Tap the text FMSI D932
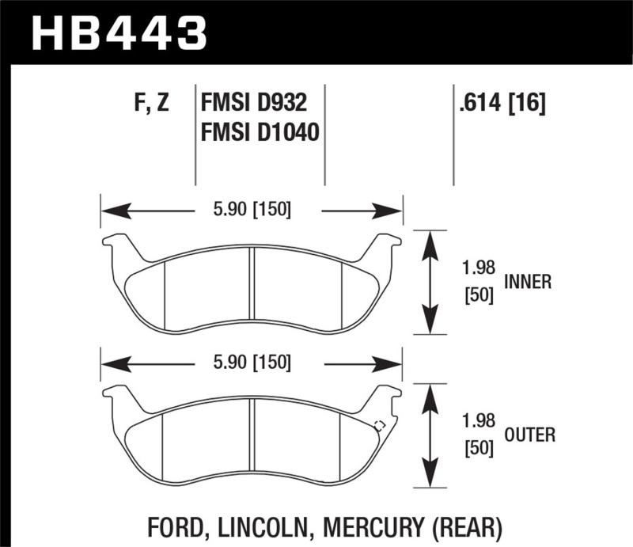(253, 104)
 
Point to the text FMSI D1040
(260, 132)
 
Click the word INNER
(527, 282)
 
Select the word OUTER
(529, 435)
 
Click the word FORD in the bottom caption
(176, 526)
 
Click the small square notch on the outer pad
(378, 424)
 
